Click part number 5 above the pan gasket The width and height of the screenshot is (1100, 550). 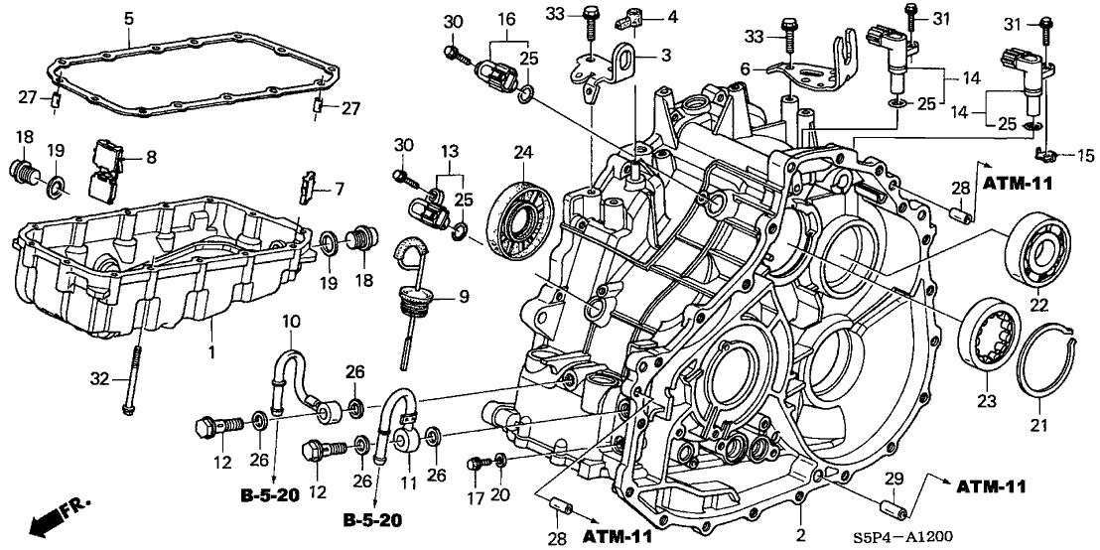(129, 17)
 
